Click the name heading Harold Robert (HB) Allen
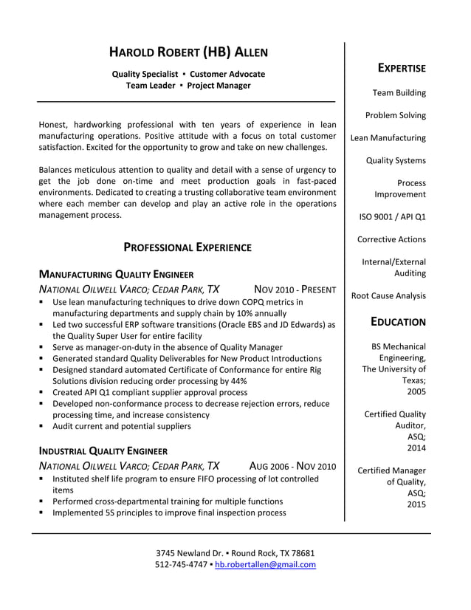point(188,52)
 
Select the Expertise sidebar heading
point(402,69)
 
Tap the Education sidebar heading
point(398,322)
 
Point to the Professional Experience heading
point(187,247)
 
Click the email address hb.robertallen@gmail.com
point(265,565)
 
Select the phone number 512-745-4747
point(181,565)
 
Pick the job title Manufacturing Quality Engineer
point(116,274)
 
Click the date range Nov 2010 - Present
point(295,289)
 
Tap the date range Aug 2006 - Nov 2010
point(292,466)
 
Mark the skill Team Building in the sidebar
point(399,93)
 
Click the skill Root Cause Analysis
point(388,296)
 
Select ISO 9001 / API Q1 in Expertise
point(392,217)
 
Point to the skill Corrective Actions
point(391,239)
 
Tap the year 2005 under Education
point(416,391)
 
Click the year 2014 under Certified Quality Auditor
point(416,448)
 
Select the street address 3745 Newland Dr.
point(189,553)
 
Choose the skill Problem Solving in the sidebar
point(395,115)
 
